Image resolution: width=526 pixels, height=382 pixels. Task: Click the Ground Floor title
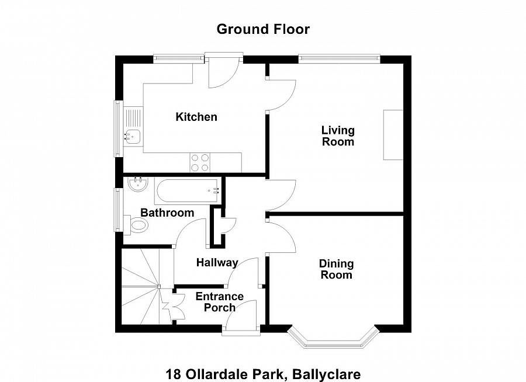coord(263,29)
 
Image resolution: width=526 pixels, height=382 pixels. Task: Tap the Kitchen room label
coord(196,117)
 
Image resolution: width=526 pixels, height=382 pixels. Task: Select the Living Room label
coord(338,136)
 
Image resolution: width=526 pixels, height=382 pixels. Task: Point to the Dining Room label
coord(336,269)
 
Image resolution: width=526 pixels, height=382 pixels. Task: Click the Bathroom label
coord(167,213)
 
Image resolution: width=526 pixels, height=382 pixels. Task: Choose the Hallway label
coord(217,263)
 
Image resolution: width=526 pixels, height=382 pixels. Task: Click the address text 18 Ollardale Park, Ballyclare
coord(263,374)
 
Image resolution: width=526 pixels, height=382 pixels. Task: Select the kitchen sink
coord(133,136)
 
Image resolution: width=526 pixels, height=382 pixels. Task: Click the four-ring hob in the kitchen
coord(200,162)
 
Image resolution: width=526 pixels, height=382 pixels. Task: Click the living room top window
coord(339,58)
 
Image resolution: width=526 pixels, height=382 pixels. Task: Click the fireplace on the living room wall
coord(393,135)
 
